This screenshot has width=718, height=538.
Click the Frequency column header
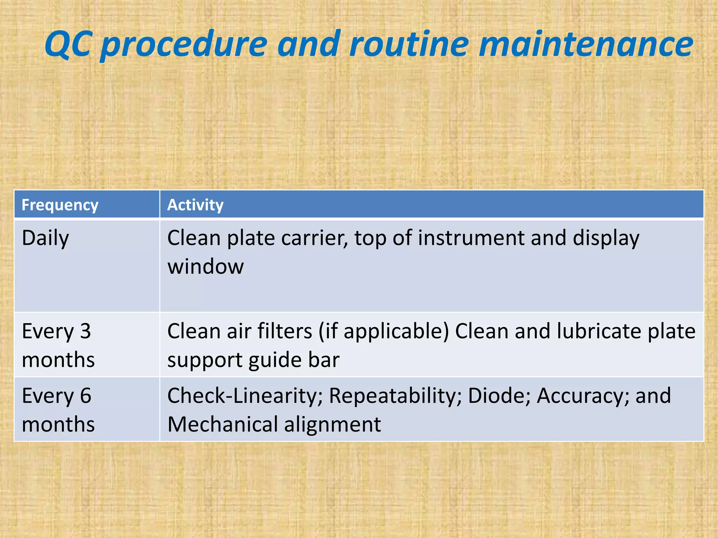pyautogui.click(x=60, y=205)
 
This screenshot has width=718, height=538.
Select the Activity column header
pyautogui.click(x=195, y=205)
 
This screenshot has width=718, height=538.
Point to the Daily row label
pyautogui.click(x=45, y=239)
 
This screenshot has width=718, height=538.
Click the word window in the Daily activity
pyautogui.click(x=205, y=267)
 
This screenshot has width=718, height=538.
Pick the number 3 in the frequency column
pyautogui.click(x=85, y=331)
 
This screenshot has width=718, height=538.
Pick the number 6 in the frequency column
pyautogui.click(x=86, y=396)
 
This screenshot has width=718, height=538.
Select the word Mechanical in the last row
pyautogui.click(x=223, y=425)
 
